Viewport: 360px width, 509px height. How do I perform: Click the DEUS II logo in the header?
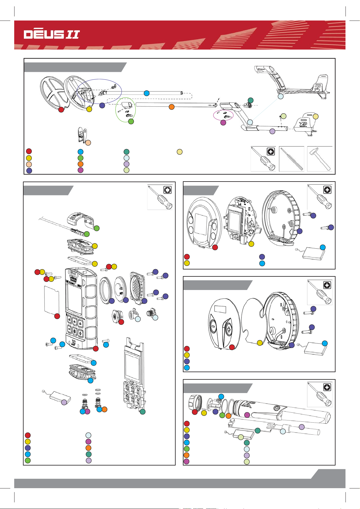pyautogui.click(x=52, y=34)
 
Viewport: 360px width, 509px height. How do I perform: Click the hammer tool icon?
pyautogui.click(x=320, y=159)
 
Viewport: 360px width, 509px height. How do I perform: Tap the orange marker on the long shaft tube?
pyautogui.click(x=171, y=107)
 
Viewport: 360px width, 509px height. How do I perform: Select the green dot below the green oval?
pyautogui.click(x=131, y=121)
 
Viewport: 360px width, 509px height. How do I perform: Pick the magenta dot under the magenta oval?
pyautogui.click(x=223, y=123)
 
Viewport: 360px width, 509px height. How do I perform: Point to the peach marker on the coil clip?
pyautogui.click(x=88, y=142)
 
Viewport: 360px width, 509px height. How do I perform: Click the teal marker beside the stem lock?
pyautogui.click(x=250, y=100)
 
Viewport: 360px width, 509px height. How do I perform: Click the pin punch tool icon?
pyautogui.click(x=291, y=159)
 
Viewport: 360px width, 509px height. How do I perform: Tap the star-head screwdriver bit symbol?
pyautogui.click(x=167, y=190)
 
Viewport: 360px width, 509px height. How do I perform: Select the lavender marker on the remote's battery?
pyautogui.click(x=64, y=402)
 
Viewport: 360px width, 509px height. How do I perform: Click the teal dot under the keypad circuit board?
pyautogui.click(x=143, y=411)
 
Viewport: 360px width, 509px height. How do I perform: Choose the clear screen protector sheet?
pyautogui.click(x=51, y=298)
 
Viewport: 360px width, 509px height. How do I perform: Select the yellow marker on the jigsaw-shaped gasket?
pyautogui.click(x=259, y=343)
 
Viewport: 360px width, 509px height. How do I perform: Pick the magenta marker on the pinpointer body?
pyautogui.click(x=247, y=415)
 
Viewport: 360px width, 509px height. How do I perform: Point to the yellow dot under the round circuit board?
pyautogui.click(x=251, y=244)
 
